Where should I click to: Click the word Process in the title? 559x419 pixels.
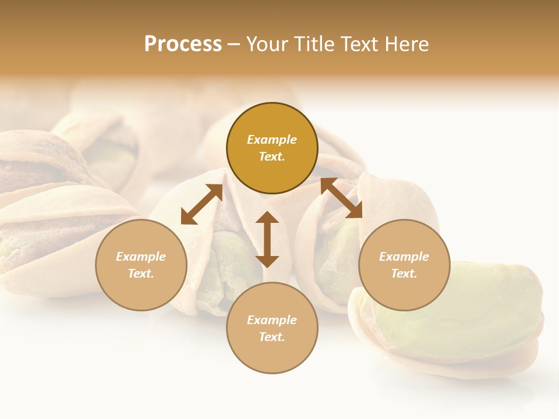(x=183, y=44)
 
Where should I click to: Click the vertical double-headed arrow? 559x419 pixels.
(x=267, y=239)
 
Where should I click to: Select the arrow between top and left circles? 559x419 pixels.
(x=202, y=204)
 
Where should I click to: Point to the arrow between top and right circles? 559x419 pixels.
(x=341, y=198)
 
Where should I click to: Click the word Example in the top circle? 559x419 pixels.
(x=272, y=140)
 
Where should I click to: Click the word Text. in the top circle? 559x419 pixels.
(x=272, y=157)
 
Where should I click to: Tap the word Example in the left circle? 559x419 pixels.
(x=141, y=257)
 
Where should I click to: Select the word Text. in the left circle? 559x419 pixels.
(x=141, y=274)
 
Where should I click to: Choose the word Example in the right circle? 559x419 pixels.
(x=404, y=257)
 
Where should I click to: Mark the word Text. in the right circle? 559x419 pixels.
(x=404, y=274)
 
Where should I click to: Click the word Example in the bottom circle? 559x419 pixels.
(x=272, y=320)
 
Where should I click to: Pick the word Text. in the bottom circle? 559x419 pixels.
(x=272, y=337)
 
